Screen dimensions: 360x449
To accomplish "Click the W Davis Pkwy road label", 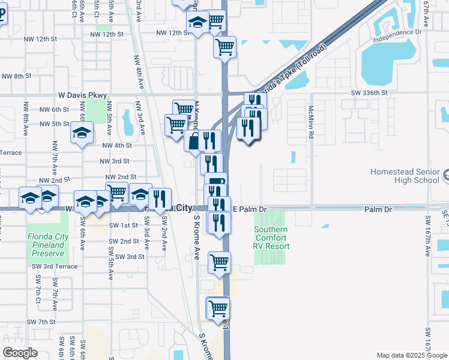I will click(x=82, y=95).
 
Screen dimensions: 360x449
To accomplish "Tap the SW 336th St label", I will click(x=369, y=94).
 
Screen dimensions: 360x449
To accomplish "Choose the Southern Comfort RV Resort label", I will click(x=271, y=238).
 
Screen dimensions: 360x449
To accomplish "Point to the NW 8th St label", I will click(x=16, y=76).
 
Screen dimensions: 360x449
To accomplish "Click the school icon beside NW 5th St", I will click(x=81, y=133).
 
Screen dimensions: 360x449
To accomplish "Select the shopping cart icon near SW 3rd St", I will click(x=219, y=262).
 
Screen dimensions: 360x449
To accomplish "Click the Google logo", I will click(x=20, y=352).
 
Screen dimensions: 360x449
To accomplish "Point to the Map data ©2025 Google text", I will click(x=411, y=355).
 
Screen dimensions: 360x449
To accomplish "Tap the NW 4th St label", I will click(x=116, y=145).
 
